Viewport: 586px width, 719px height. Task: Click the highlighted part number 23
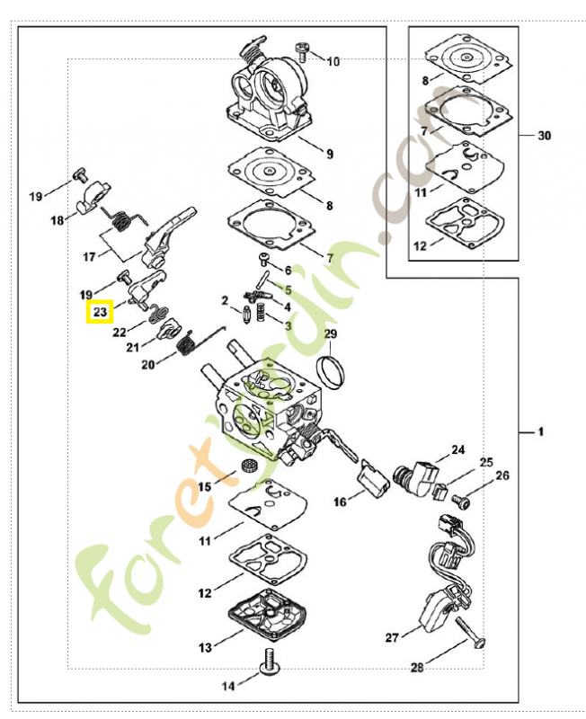click(100, 312)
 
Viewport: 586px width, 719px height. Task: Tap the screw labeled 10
click(302, 51)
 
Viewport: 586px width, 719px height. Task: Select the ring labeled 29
click(330, 372)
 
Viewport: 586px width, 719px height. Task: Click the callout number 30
click(545, 136)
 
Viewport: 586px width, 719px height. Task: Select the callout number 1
click(541, 432)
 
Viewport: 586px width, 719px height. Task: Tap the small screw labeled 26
click(461, 501)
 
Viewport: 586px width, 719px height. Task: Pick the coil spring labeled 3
click(261, 311)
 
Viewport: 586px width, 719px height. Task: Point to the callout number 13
click(205, 647)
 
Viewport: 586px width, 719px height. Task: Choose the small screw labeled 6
click(265, 258)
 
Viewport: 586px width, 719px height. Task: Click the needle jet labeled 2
click(246, 315)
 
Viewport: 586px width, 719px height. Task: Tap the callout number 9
click(330, 155)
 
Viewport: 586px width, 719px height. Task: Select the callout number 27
click(392, 637)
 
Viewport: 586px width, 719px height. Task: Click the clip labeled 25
click(439, 492)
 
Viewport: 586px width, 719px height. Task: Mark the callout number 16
click(340, 502)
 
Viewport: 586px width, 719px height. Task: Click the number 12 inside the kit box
click(420, 246)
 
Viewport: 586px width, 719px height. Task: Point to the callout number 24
click(457, 450)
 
